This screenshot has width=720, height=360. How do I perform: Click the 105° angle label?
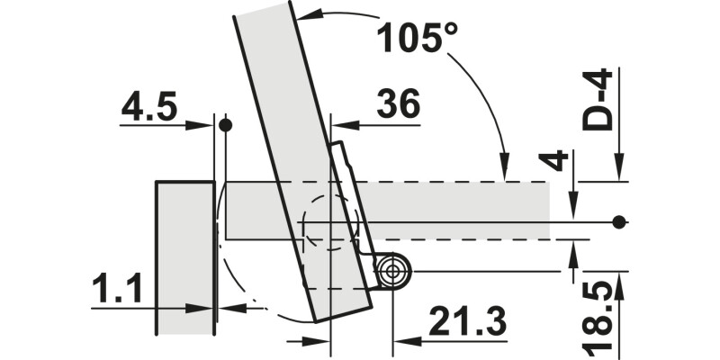[417, 37]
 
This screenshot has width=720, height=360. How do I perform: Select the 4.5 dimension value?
[148, 107]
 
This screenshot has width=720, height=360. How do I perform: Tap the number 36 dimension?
[398, 103]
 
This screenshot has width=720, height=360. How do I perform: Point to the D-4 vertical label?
[598, 99]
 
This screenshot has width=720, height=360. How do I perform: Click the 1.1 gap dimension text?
[117, 288]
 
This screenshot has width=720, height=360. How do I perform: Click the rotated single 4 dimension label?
[553, 161]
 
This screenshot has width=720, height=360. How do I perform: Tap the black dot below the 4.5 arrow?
[226, 125]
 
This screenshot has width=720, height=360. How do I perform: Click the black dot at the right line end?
[619, 222]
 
